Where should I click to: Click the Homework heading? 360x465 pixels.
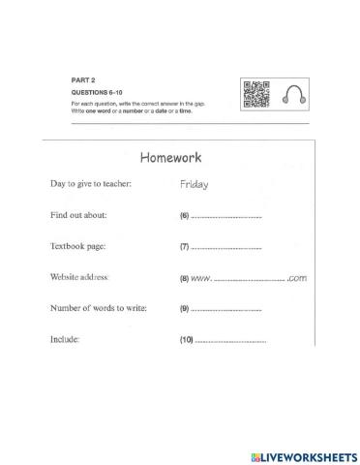[171, 157]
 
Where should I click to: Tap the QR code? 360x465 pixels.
[255, 93]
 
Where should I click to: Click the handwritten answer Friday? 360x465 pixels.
[195, 184]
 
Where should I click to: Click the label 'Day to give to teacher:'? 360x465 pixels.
[91, 184]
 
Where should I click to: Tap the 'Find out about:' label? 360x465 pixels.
[78, 215]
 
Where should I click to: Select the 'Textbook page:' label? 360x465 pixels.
[77, 247]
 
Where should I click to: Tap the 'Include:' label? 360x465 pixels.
[65, 341]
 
